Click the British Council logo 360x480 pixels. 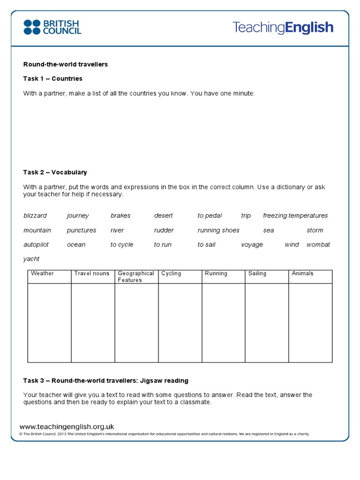52,27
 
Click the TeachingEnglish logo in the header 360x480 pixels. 283,27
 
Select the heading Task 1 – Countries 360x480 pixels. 53,78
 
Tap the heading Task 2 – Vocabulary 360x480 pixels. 55,172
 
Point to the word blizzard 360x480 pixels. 35,216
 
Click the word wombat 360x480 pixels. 318,245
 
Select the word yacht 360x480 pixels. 31,259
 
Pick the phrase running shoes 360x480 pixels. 218,230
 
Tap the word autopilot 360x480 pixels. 36,245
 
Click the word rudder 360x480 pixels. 164,230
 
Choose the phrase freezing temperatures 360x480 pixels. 295,216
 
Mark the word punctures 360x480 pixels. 82,230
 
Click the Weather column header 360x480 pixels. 42,273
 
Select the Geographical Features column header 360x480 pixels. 136,277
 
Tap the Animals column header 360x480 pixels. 302,273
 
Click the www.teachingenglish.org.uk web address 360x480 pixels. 67,427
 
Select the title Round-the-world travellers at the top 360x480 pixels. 66,64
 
